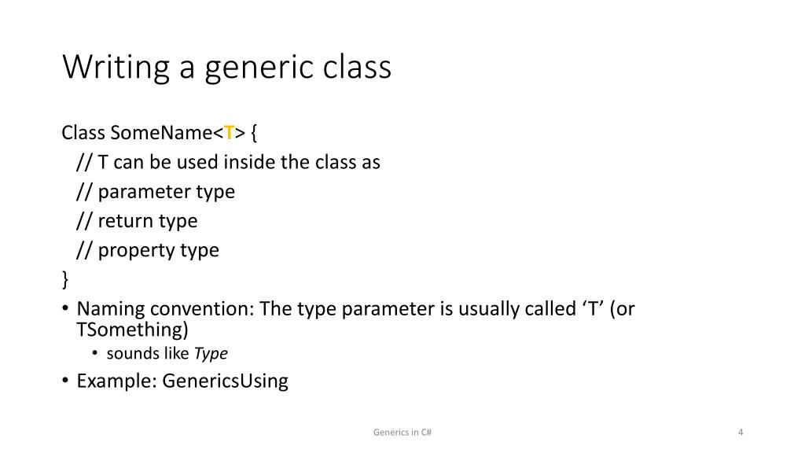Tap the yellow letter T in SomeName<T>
[230, 133]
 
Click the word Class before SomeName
[83, 133]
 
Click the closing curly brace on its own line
[65, 280]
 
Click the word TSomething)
[133, 329]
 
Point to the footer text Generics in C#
[401, 433]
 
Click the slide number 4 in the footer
[741, 433]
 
